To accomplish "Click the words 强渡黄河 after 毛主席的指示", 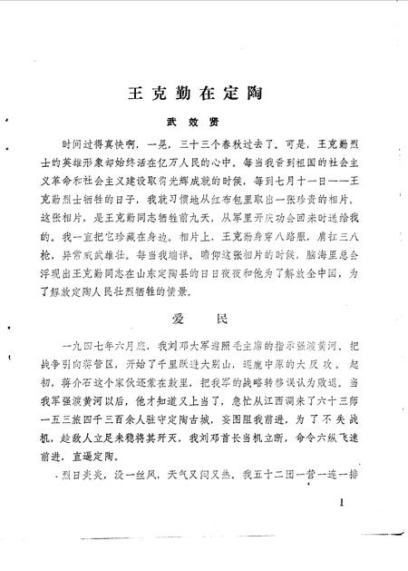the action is click(299, 346).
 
